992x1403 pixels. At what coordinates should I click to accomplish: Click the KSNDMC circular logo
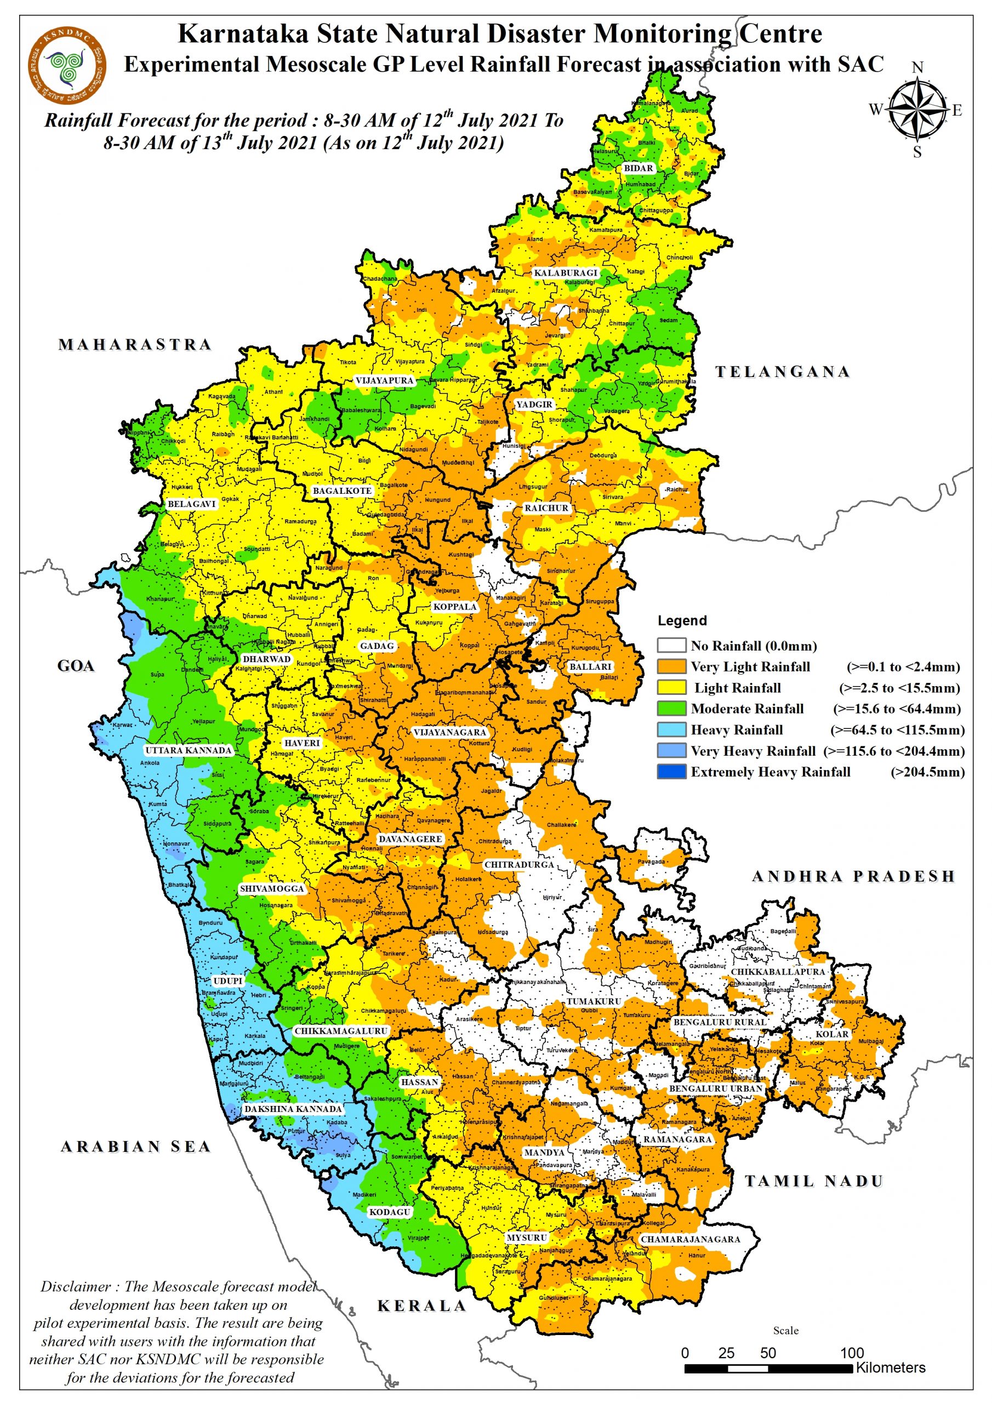[x=67, y=65]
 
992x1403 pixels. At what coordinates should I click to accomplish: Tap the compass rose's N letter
[x=917, y=67]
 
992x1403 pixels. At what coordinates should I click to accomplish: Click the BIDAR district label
[x=638, y=168]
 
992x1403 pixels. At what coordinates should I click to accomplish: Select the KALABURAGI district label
[x=566, y=272]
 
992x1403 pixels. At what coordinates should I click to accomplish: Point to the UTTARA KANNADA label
[x=188, y=750]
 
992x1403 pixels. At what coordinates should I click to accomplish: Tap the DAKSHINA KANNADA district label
[x=293, y=1109]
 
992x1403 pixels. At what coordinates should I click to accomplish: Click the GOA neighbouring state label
[x=76, y=666]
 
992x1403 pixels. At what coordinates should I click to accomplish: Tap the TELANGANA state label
[x=782, y=372]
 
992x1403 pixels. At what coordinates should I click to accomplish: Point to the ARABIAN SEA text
[x=136, y=1147]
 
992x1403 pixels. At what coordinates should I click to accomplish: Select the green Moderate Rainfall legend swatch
[x=671, y=709]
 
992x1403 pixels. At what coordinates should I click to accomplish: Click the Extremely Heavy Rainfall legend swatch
[x=671, y=772]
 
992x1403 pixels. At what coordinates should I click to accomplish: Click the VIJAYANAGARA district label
[x=450, y=732]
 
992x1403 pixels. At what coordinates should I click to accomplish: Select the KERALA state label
[x=422, y=1307]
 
